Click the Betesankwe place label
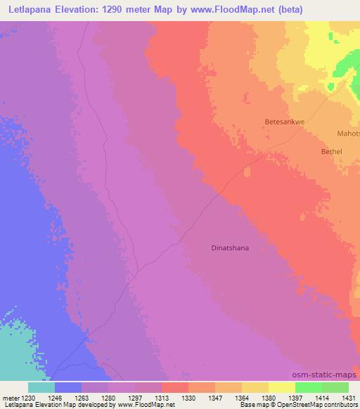click(284, 121)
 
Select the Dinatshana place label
click(230, 247)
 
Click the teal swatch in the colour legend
click(41, 387)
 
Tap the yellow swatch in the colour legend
click(281, 387)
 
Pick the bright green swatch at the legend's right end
click(335, 387)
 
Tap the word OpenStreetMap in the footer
click(294, 405)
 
